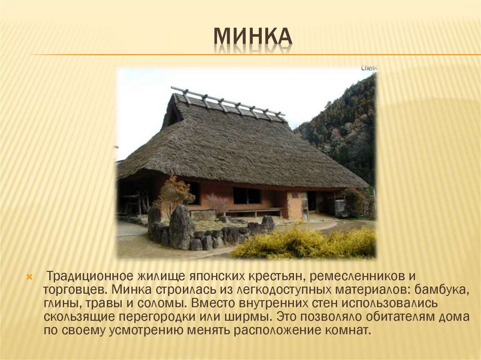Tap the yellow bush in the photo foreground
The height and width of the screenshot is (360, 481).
(305, 242)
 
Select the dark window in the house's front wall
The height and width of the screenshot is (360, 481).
(247, 195)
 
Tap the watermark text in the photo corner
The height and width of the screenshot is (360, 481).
(369, 68)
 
